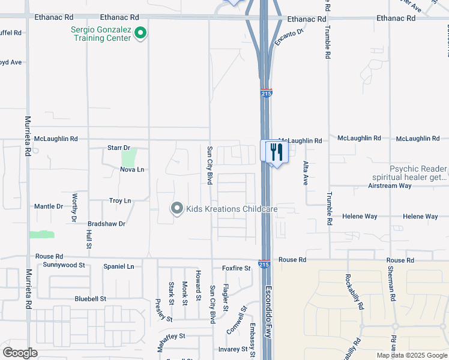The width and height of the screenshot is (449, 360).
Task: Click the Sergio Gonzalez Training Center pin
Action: pyautogui.click(x=140, y=33)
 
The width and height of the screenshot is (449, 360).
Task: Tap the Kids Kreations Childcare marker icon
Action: pyautogui.click(x=177, y=209)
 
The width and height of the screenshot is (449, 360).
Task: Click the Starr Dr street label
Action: pyautogui.click(x=118, y=148)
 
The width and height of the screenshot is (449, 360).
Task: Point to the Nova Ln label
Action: pyautogui.click(x=132, y=170)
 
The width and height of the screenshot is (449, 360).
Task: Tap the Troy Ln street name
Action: pyautogui.click(x=120, y=200)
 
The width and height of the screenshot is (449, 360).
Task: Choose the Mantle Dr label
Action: pyautogui.click(x=49, y=206)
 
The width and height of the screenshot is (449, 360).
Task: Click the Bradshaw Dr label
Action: pyautogui.click(x=106, y=224)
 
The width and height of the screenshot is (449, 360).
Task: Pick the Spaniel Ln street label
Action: pyautogui.click(x=118, y=266)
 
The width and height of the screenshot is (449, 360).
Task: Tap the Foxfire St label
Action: pyautogui.click(x=236, y=268)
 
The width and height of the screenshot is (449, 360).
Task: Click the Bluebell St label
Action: pyautogui.click(x=90, y=298)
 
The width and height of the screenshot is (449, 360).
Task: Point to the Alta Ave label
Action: pyautogui.click(x=306, y=172)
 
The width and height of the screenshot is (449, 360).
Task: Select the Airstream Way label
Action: pyautogui.click(x=390, y=186)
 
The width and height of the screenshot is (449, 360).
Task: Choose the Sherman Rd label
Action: pyautogui.click(x=391, y=283)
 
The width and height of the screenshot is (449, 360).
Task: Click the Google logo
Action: pyautogui.click(x=20, y=353)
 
